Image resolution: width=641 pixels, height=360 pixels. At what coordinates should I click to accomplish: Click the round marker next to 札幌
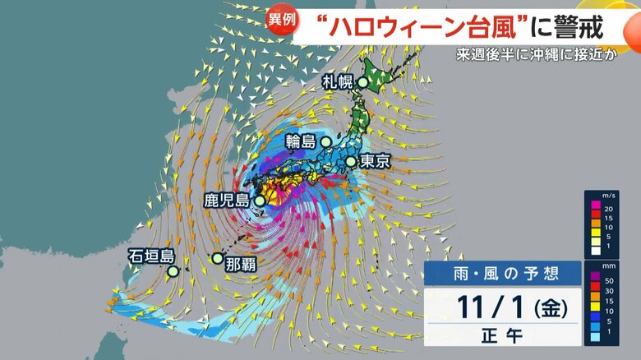pyautogui.click(x=362, y=82)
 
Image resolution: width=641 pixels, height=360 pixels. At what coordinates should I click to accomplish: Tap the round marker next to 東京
pyautogui.click(x=351, y=162)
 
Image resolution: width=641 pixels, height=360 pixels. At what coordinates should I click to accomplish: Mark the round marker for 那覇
pyautogui.click(x=217, y=258)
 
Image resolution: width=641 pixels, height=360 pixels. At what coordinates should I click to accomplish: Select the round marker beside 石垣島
pyautogui.click(x=173, y=270)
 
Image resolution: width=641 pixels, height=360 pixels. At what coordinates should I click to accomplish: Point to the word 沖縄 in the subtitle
pyautogui.click(x=551, y=58)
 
